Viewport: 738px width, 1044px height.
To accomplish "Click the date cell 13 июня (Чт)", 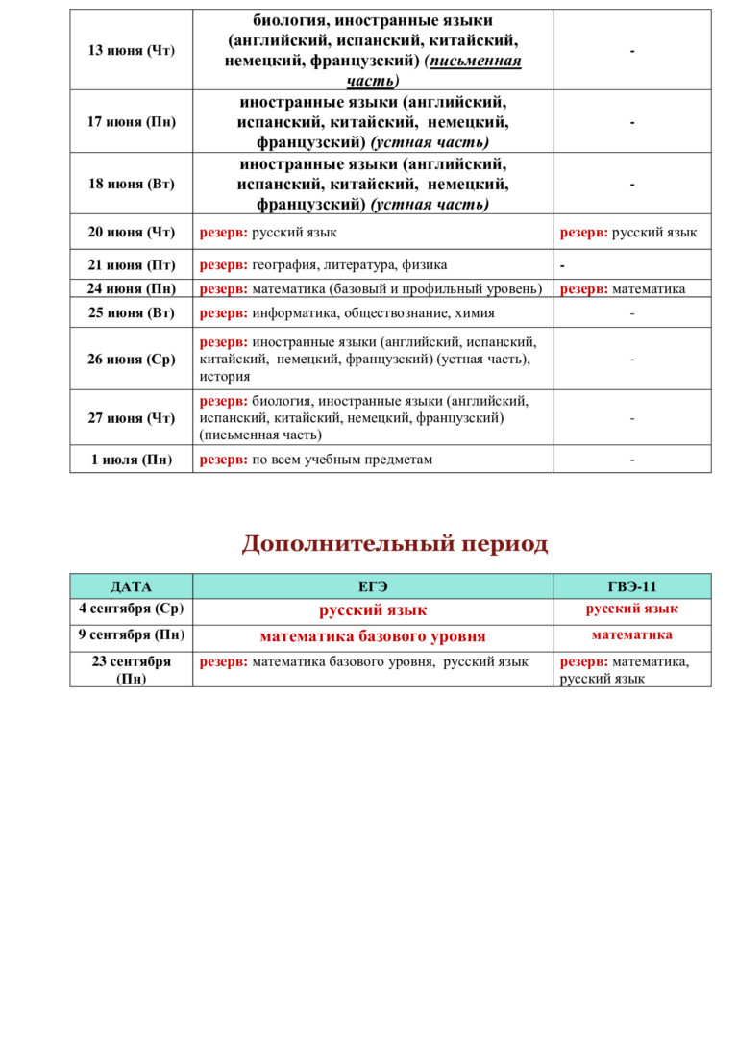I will [131, 50].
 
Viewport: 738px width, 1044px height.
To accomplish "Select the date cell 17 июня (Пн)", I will [131, 122].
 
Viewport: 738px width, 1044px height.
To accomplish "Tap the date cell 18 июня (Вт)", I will [131, 184].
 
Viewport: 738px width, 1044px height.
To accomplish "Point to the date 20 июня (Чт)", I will [131, 232].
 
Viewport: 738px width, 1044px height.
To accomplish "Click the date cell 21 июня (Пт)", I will [131, 264].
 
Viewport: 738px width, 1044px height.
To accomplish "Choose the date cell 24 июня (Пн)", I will [131, 288].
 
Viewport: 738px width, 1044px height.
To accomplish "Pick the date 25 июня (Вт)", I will [131, 312].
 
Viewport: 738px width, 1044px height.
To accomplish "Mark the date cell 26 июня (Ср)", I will [131, 359].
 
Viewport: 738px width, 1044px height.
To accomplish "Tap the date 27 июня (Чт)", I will [131, 417].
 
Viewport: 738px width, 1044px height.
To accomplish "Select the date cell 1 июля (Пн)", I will [131, 460].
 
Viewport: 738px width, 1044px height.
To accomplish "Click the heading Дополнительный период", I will [394, 544].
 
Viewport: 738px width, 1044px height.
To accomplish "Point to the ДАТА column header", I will [131, 586].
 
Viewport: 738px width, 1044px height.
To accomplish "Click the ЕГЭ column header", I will [373, 586].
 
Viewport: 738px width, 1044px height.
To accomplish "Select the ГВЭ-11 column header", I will [632, 586].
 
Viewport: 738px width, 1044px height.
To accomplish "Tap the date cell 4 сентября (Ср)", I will [131, 609].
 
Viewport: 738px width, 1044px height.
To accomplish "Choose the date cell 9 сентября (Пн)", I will [131, 635].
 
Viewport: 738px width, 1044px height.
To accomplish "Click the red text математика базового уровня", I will [373, 636].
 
